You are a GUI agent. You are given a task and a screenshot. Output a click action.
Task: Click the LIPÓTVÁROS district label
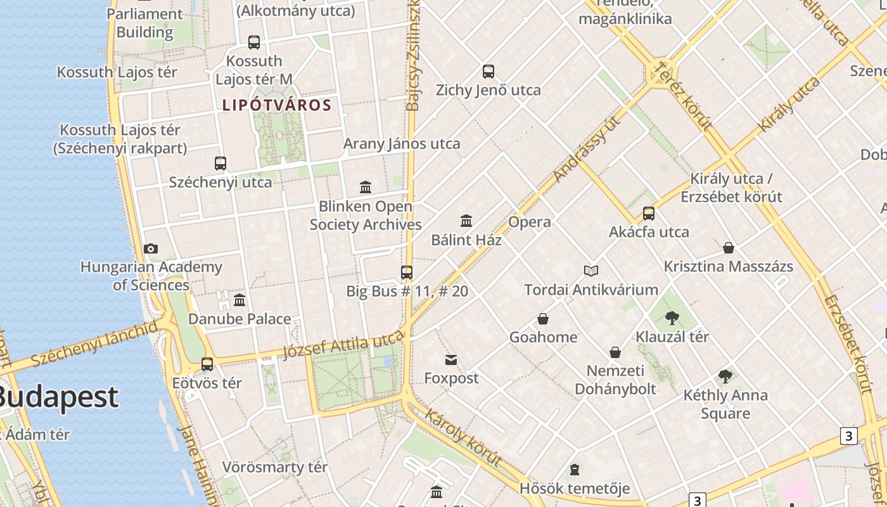coord(277,105)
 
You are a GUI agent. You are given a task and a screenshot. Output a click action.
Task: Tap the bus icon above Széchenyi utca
coord(220,164)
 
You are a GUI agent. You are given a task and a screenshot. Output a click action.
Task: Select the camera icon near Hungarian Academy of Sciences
coord(150,248)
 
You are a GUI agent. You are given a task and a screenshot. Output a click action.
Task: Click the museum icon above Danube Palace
coord(239,300)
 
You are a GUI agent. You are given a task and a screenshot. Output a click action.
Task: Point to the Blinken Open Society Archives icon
coord(366,188)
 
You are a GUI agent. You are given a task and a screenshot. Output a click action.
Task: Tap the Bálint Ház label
coord(466,240)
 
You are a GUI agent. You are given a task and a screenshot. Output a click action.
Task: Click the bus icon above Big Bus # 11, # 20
coord(407,273)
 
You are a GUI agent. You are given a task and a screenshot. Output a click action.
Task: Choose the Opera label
coord(529,222)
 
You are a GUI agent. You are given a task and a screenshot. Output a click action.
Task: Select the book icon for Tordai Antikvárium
coord(591,271)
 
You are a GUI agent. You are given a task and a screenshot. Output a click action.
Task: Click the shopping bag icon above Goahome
coord(543,319)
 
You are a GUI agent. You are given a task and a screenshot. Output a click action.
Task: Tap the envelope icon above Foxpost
coord(451,361)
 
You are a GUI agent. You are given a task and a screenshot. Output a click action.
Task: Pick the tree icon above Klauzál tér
coord(672,318)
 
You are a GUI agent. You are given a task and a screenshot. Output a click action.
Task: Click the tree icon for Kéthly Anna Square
coord(725,377)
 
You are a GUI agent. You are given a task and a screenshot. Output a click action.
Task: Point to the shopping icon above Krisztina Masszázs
coord(729,248)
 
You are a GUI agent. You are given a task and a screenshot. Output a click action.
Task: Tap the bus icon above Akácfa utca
coord(649,214)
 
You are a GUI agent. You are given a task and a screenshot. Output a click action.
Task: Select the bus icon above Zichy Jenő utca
coord(488,72)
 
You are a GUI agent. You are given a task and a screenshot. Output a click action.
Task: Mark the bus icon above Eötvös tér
coord(207,364)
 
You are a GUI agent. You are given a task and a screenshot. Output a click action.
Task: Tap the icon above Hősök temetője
coord(575,470)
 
